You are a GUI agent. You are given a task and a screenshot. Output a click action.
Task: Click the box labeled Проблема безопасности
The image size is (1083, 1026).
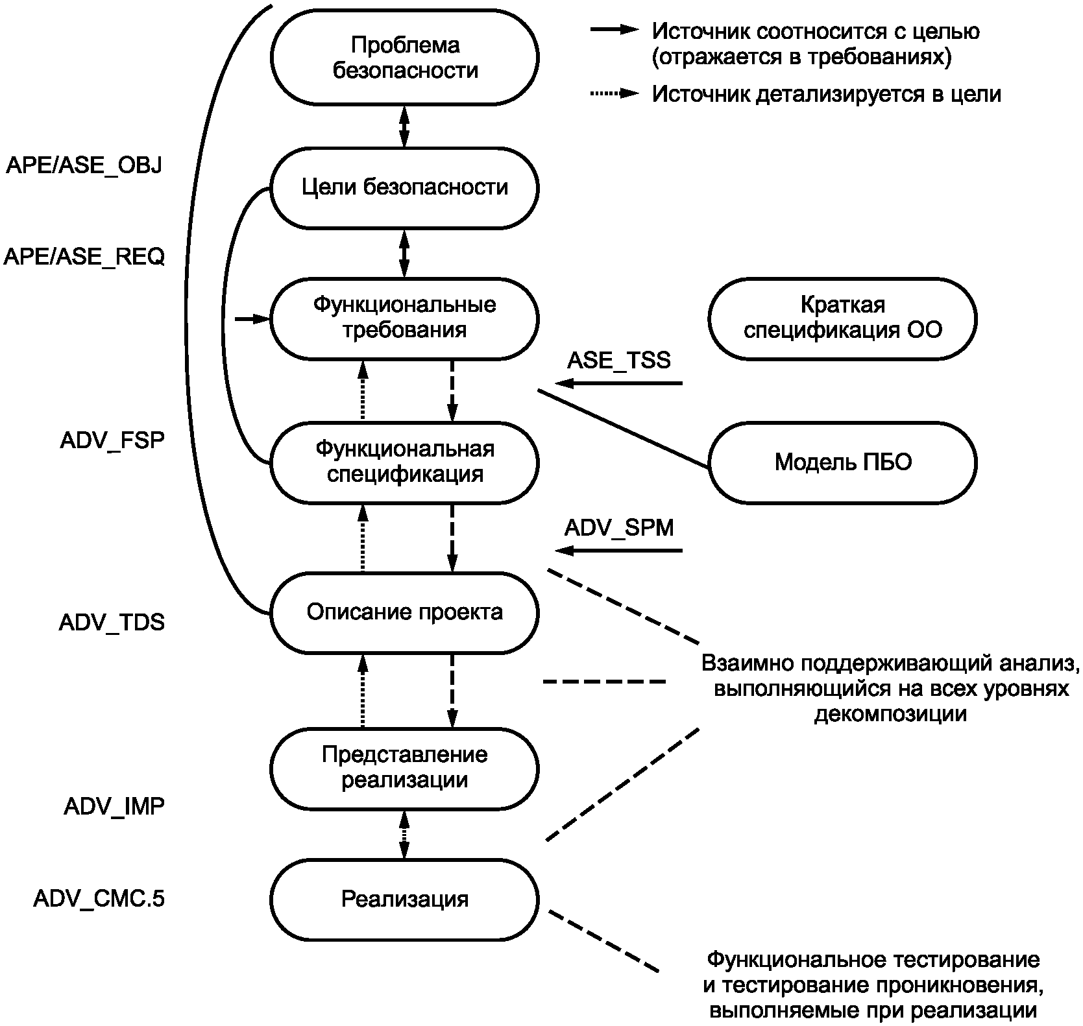click(x=404, y=57)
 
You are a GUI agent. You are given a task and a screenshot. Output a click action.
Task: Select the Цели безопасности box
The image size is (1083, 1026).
click(x=404, y=187)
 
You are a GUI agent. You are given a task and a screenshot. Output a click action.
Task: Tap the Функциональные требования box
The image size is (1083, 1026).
click(x=404, y=318)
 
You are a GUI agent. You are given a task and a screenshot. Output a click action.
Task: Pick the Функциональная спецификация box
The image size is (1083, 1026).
click(x=404, y=462)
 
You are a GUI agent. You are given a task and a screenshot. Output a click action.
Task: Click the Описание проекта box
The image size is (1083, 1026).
click(x=404, y=612)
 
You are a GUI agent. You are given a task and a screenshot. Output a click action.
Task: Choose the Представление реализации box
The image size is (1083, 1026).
click(x=404, y=767)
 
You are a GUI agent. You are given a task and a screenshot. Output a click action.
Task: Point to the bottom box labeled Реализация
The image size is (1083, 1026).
click(x=404, y=899)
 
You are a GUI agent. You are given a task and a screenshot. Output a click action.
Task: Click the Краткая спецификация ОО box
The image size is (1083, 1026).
click(x=842, y=318)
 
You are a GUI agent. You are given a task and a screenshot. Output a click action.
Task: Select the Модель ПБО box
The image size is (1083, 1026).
click(x=842, y=462)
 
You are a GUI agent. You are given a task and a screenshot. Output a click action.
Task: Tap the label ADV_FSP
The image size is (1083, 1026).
click(x=112, y=440)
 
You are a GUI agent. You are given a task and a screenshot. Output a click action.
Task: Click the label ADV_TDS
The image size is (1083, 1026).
click(x=112, y=623)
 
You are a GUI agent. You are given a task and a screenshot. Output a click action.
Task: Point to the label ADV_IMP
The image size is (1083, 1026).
click(x=114, y=806)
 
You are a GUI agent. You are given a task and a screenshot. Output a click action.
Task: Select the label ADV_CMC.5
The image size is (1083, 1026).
click(x=99, y=899)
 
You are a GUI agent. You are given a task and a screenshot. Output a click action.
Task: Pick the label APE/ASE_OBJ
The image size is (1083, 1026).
click(x=84, y=165)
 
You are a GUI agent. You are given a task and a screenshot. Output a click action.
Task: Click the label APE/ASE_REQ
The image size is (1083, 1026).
click(x=84, y=257)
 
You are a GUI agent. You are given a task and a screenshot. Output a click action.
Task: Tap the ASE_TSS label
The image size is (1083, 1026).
click(x=618, y=361)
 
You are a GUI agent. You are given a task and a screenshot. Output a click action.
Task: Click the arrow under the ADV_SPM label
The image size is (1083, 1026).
click(x=620, y=551)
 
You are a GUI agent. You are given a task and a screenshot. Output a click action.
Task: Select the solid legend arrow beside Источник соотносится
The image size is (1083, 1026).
click(x=615, y=30)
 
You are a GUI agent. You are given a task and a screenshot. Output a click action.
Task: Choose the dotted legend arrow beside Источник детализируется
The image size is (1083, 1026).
click(x=615, y=94)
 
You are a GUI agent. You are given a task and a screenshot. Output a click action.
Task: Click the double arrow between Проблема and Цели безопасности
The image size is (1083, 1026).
click(x=404, y=126)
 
